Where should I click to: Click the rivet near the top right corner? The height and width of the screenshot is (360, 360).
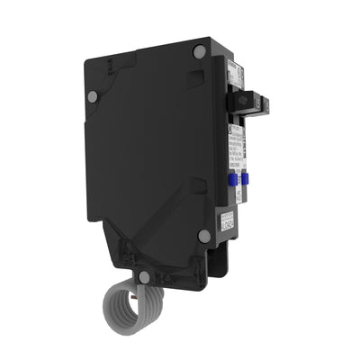[x=199, y=53]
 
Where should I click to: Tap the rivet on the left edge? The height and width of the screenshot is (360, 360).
[x=92, y=96]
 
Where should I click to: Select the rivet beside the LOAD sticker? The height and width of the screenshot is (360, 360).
[x=204, y=236]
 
